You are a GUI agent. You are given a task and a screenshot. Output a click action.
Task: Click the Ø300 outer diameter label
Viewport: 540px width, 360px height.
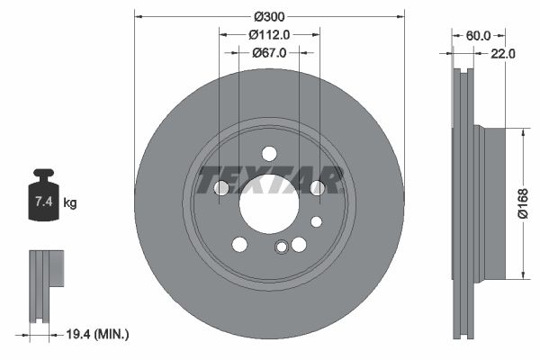point(269,16)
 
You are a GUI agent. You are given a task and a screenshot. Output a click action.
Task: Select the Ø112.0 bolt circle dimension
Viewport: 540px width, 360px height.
point(269,35)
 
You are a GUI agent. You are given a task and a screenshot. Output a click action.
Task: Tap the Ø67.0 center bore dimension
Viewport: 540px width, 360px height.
point(269,53)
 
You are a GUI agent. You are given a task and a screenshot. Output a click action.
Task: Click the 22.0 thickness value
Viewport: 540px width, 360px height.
point(502,54)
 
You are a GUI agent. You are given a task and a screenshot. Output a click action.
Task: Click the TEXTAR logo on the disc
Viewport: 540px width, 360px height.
point(269,180)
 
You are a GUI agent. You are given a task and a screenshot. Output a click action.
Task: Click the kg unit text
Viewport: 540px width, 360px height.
point(70,203)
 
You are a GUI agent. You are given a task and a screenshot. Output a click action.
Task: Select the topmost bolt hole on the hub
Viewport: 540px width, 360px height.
point(269,153)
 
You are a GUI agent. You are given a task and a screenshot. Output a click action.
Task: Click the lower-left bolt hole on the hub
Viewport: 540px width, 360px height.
point(239,245)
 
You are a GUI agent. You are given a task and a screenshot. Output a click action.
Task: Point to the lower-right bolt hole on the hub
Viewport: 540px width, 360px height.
point(299,245)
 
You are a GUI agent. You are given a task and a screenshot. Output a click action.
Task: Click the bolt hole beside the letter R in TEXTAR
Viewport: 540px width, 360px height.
point(317,187)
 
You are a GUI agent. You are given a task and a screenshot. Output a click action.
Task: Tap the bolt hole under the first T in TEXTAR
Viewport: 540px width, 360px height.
point(221,187)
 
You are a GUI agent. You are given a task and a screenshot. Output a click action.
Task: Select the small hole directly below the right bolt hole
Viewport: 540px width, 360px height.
point(316,221)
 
